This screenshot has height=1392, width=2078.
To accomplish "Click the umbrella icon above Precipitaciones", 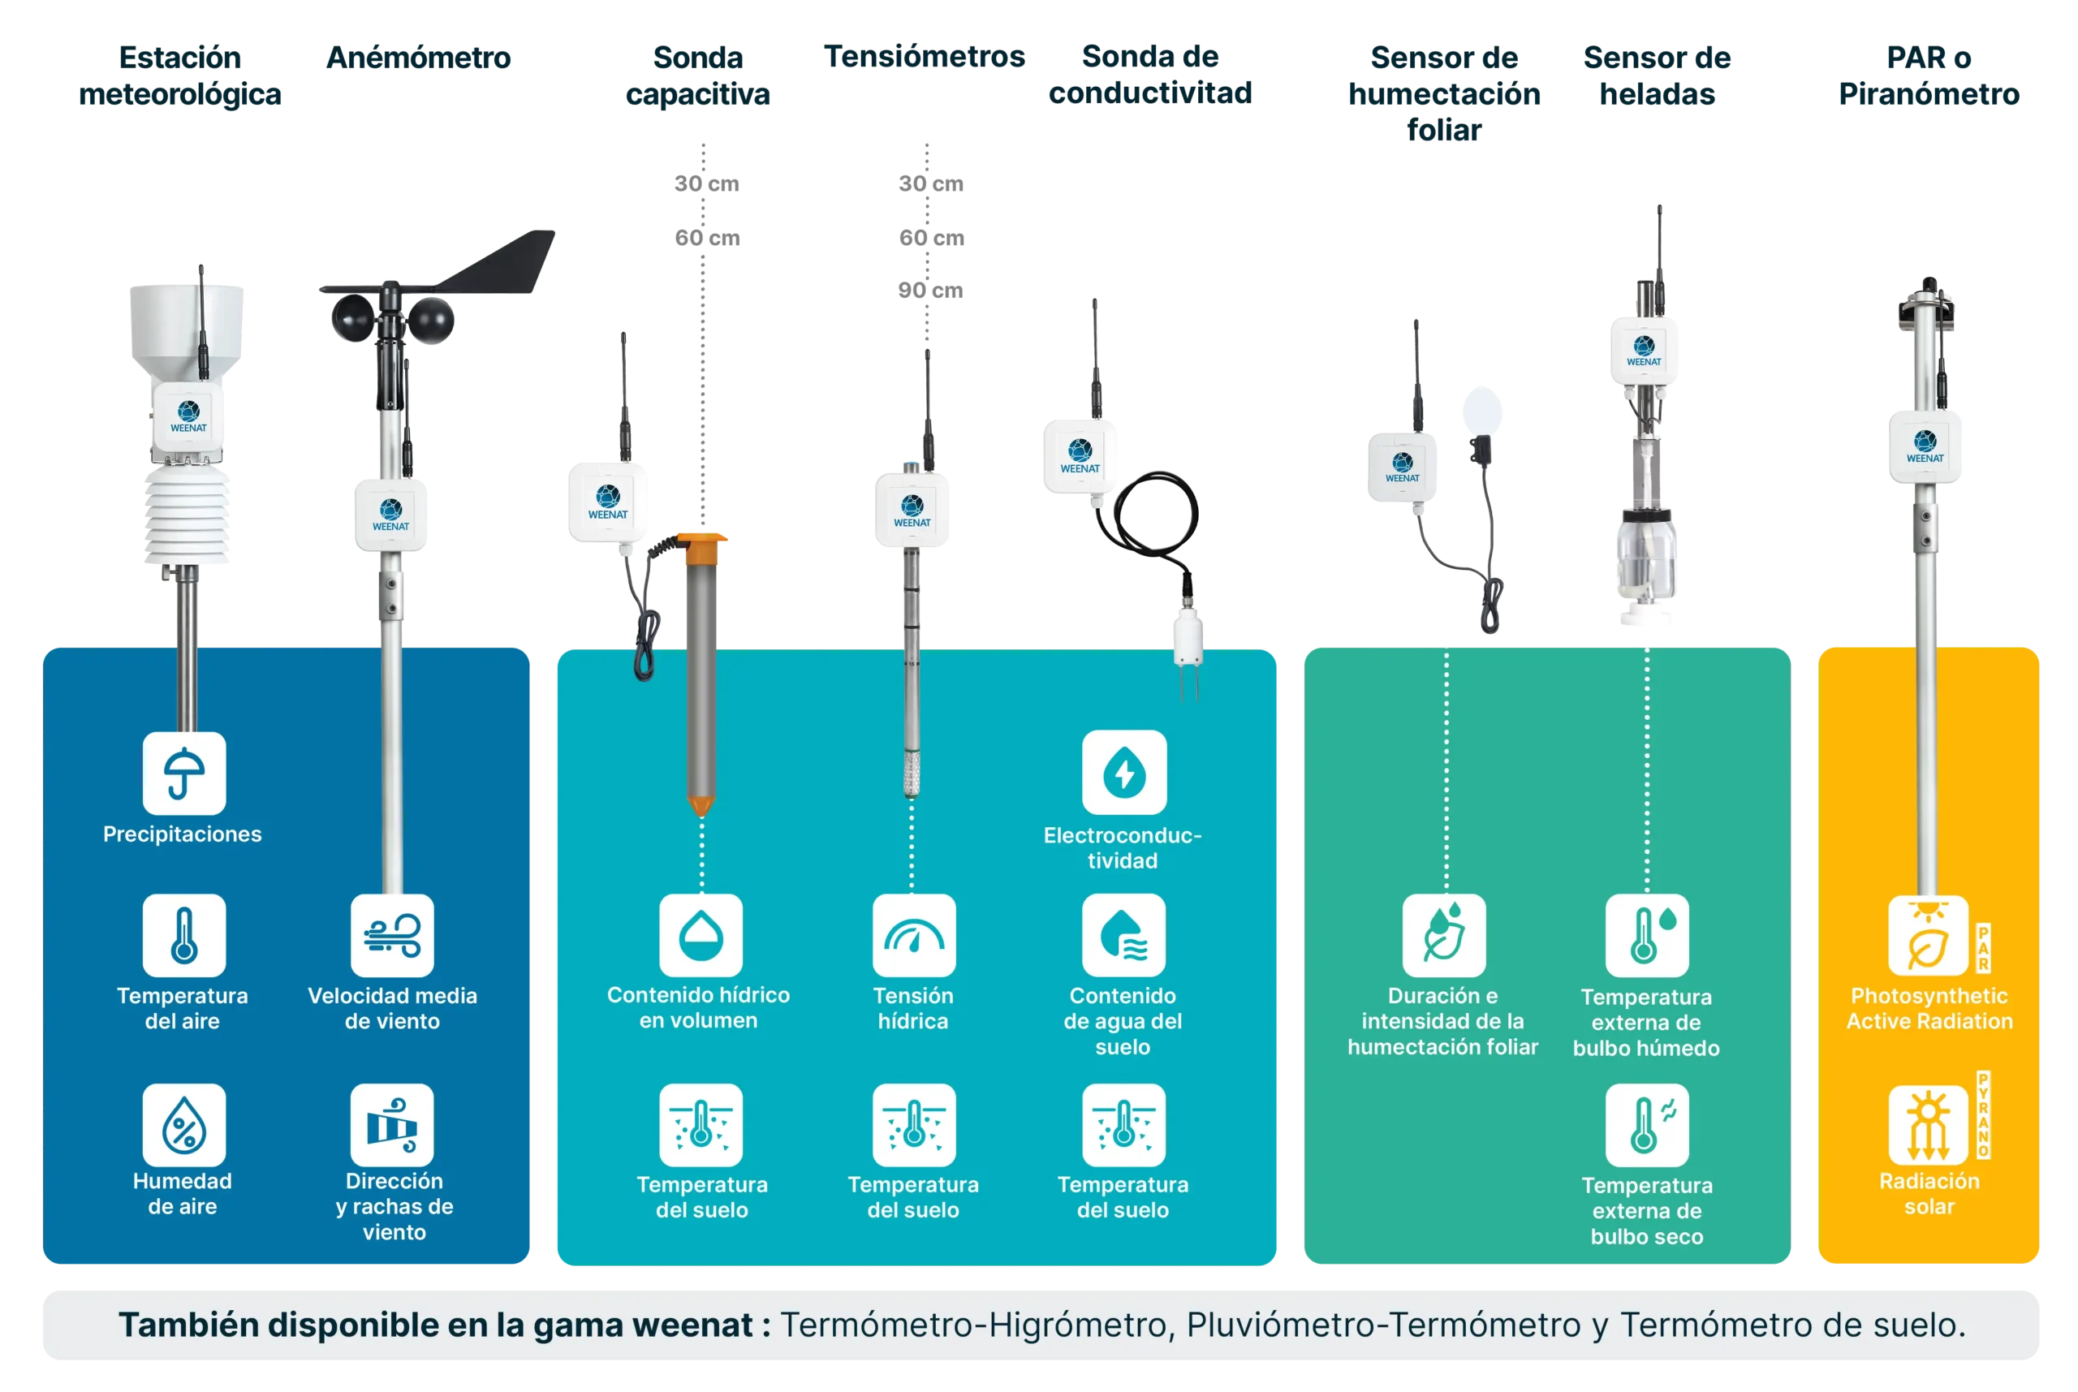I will (x=183, y=774).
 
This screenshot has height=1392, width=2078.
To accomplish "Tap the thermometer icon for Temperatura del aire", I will (x=183, y=936).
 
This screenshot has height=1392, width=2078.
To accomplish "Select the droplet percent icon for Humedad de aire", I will (x=183, y=1125).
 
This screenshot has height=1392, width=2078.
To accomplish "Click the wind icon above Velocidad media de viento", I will (x=391, y=936).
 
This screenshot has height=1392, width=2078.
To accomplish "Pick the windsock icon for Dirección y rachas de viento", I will (x=391, y=1125).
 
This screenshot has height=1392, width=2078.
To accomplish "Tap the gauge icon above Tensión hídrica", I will (x=913, y=936).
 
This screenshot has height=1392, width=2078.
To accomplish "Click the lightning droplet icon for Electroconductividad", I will (x=1123, y=773).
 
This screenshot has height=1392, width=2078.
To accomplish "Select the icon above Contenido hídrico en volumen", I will (x=701, y=936).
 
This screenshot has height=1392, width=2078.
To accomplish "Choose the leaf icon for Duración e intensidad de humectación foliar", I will (x=1443, y=936).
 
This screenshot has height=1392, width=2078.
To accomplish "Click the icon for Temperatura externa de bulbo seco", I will (x=1647, y=1125).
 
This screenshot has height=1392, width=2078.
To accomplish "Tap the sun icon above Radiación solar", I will (x=1929, y=1125).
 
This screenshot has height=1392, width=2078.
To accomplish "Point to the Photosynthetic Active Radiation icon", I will (x=1929, y=936).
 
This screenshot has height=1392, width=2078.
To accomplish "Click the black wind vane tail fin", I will (x=511, y=263).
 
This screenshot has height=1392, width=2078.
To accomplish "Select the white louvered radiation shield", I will (x=188, y=517).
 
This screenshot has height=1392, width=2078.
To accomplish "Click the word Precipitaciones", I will (x=182, y=834).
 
